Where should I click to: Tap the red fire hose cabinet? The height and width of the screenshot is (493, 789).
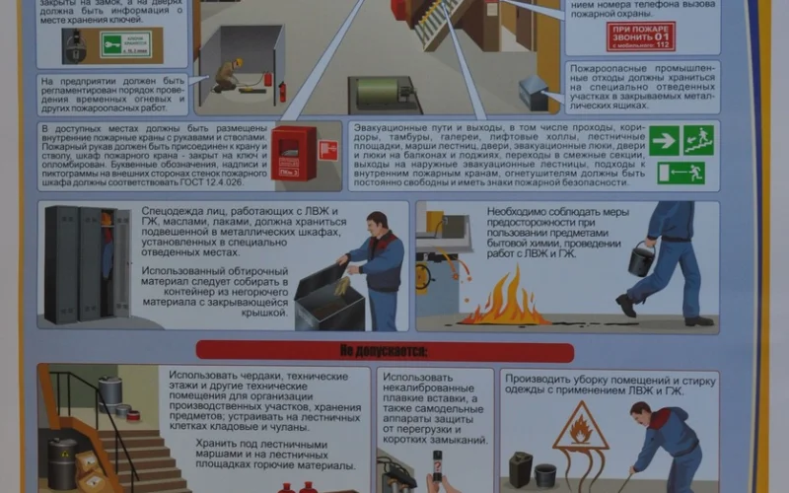tap(294, 153)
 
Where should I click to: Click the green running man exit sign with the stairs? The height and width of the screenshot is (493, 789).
tap(698, 140)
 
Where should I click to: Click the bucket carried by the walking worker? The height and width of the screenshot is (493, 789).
tap(641, 259)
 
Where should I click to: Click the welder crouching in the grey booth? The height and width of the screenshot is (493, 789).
tap(229, 75)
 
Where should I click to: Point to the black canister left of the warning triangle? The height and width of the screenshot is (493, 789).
tap(521, 468)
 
